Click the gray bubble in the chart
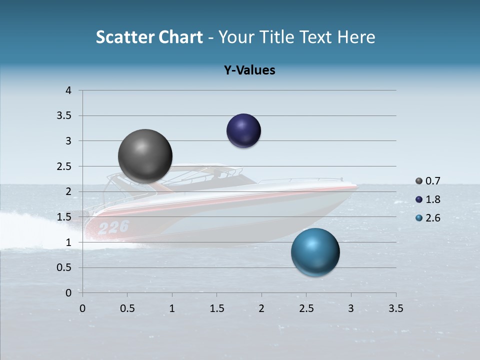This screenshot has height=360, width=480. [x=145, y=156]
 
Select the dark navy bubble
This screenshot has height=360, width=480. [x=243, y=130]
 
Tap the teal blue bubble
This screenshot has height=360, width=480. [x=315, y=252]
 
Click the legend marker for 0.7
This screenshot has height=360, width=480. [x=418, y=181]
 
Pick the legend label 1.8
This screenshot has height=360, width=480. [x=433, y=199]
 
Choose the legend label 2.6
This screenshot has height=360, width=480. [x=433, y=218]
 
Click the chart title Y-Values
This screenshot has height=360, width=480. [x=249, y=70]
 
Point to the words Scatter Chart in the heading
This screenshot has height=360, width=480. [x=149, y=37]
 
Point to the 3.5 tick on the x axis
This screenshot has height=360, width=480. [x=395, y=308]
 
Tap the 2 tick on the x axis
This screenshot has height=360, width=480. [x=261, y=308]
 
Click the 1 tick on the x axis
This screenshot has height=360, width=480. [x=172, y=308]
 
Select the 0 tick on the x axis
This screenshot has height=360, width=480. [x=82, y=308]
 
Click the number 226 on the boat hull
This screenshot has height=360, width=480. [x=113, y=227]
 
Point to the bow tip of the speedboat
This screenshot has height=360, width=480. [x=357, y=186]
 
